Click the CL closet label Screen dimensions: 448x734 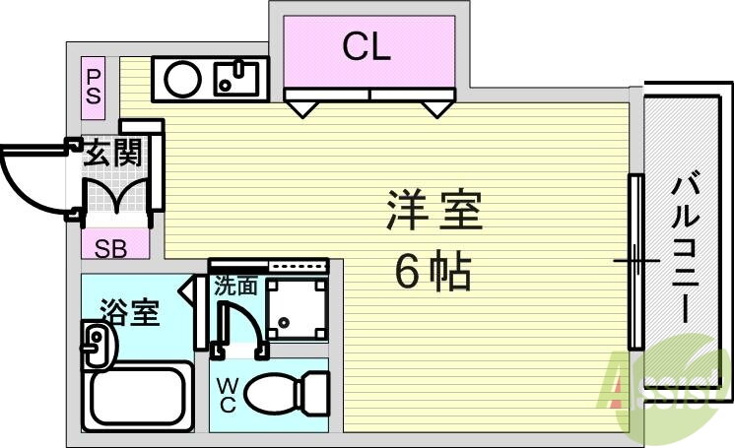(x=367, y=46)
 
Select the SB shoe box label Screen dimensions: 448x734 (x=110, y=248)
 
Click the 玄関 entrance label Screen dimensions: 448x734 (x=112, y=154)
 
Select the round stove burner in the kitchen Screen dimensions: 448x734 (x=183, y=79)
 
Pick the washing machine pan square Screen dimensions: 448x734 (x=298, y=307)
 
